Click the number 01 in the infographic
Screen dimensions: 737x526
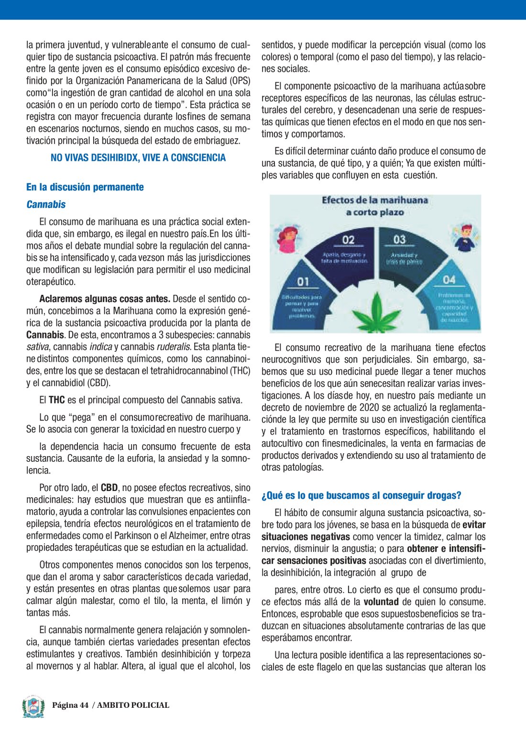click(303, 282)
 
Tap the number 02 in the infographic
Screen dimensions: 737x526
click(349, 240)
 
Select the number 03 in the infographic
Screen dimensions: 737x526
click(399, 240)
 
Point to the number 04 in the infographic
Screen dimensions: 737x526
click(449, 280)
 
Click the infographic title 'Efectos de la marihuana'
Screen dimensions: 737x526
click(375, 201)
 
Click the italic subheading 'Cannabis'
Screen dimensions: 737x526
click(46, 204)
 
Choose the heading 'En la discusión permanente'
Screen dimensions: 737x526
click(85, 187)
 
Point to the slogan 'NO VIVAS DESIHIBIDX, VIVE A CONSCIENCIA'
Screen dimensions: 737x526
click(138, 158)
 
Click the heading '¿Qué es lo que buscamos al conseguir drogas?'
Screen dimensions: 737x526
click(362, 496)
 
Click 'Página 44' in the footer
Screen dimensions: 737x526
click(70, 705)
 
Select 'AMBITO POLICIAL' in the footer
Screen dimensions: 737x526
click(133, 705)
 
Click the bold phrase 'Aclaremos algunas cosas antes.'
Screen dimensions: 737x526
click(105, 299)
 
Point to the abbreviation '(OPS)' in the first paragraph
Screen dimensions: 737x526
click(238, 81)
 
